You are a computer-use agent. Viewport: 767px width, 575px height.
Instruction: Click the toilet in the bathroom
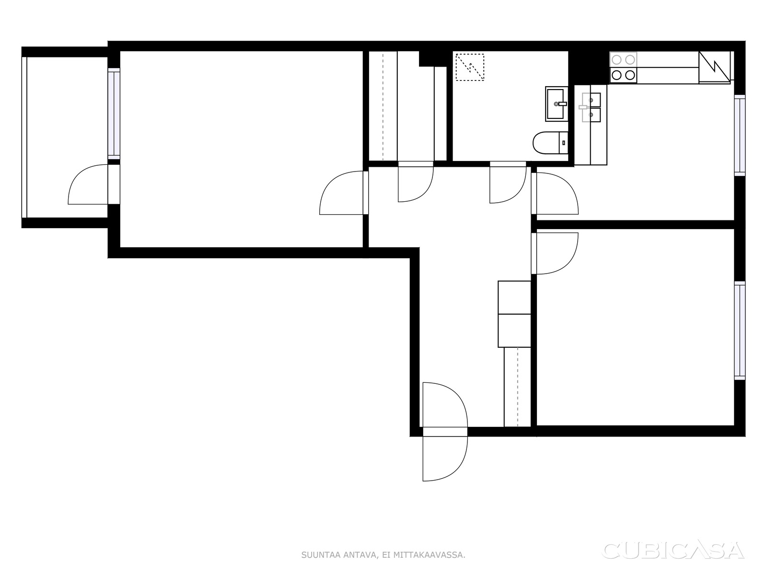click(550, 142)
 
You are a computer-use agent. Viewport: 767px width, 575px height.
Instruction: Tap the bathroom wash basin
click(556, 103)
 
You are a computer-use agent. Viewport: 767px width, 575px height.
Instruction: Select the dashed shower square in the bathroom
click(470, 67)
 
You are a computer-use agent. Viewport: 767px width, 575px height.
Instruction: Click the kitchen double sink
click(590, 107)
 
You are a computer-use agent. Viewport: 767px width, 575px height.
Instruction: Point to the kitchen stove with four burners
click(623, 68)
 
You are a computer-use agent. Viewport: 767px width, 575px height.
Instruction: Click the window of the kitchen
click(739, 136)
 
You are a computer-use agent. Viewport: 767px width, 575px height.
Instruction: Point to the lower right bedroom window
click(739, 331)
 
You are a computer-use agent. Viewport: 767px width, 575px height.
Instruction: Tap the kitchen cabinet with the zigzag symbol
click(714, 68)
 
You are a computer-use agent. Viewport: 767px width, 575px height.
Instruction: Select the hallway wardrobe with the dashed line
click(517, 387)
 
